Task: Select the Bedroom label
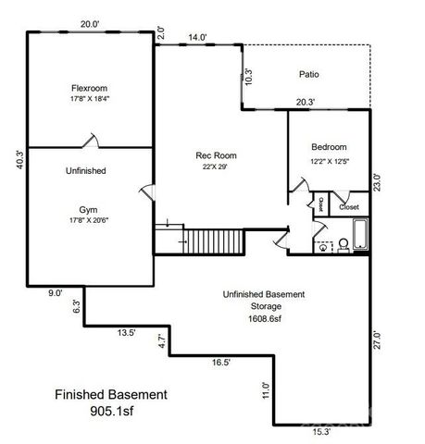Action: tap(328, 147)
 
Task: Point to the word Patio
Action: tap(309, 74)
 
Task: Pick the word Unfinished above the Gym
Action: tap(85, 171)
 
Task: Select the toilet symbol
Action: tap(342, 245)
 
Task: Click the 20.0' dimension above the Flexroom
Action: tap(89, 24)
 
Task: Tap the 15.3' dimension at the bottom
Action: tap(321, 431)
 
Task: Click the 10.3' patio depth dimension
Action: tap(247, 77)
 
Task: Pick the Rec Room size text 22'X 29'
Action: tap(214, 167)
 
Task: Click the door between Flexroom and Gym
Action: tap(89, 141)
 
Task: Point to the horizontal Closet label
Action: tap(349, 207)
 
